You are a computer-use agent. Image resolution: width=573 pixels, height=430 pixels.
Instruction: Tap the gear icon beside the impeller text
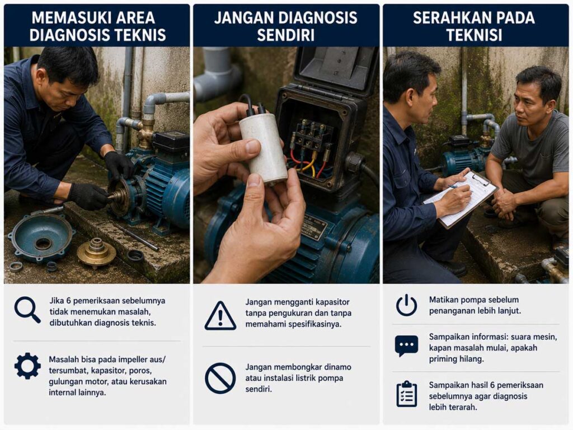click(x=27, y=366)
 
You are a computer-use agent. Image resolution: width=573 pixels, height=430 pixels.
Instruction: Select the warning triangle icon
click(x=220, y=316)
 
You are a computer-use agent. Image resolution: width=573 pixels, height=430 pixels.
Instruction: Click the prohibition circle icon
click(x=220, y=378)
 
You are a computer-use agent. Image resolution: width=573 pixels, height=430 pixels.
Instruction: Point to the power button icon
click(x=406, y=305)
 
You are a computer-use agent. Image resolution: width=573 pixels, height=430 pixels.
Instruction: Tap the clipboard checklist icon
click(x=407, y=394)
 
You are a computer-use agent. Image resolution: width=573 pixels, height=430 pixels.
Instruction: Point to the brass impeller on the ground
click(x=96, y=252)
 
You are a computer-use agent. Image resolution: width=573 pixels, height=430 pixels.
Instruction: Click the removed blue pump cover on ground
click(x=41, y=237)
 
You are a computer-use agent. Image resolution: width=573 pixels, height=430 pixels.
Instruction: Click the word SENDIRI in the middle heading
click(x=285, y=35)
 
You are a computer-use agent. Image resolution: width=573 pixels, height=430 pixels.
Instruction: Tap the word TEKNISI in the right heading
click(x=474, y=35)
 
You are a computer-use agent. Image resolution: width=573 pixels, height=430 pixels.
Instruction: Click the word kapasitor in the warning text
click(x=332, y=302)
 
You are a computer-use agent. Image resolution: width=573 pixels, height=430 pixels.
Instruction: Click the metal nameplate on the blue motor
click(x=314, y=227)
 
